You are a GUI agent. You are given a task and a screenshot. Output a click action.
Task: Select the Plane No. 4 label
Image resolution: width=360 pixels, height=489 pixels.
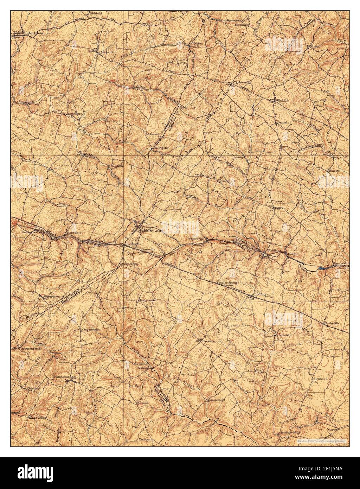point(74,233)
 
